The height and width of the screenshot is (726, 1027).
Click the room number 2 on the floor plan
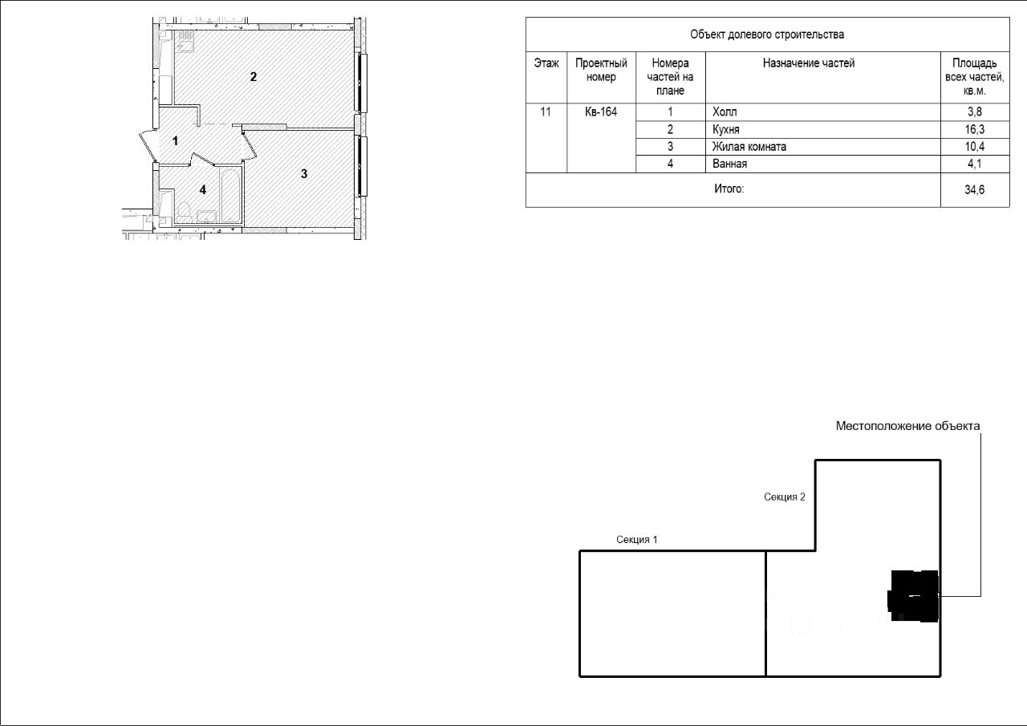pyautogui.click(x=254, y=76)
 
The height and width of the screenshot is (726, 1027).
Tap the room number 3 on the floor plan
pyautogui.click(x=304, y=174)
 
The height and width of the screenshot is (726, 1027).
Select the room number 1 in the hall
pyautogui.click(x=175, y=140)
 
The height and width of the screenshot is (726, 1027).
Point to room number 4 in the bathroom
pyautogui.click(x=203, y=189)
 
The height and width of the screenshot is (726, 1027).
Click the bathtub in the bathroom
pyautogui.click(x=230, y=195)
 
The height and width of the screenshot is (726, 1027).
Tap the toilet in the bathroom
pyautogui.click(x=185, y=212)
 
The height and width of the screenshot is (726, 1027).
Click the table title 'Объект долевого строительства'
pyautogui.click(x=767, y=34)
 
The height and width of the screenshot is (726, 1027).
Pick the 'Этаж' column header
pyautogui.click(x=546, y=63)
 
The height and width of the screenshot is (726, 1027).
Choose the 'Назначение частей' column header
pyautogui.click(x=809, y=63)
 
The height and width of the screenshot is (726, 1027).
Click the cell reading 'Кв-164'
pyautogui.click(x=601, y=112)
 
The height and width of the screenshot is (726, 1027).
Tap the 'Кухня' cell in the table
pyautogui.click(x=726, y=129)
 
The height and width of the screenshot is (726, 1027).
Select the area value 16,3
pyautogui.click(x=974, y=129)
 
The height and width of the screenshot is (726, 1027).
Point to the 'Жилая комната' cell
pyautogui.click(x=749, y=147)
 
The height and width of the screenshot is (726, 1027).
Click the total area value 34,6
pyautogui.click(x=974, y=190)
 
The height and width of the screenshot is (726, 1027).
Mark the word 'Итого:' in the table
pyautogui.click(x=729, y=189)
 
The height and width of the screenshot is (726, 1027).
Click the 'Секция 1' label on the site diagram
pyautogui.click(x=637, y=539)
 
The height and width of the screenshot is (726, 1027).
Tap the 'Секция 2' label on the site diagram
pyautogui.click(x=785, y=497)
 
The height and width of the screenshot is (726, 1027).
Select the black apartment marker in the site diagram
pyautogui.click(x=913, y=596)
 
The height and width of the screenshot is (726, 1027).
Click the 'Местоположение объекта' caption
pyautogui.click(x=907, y=426)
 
